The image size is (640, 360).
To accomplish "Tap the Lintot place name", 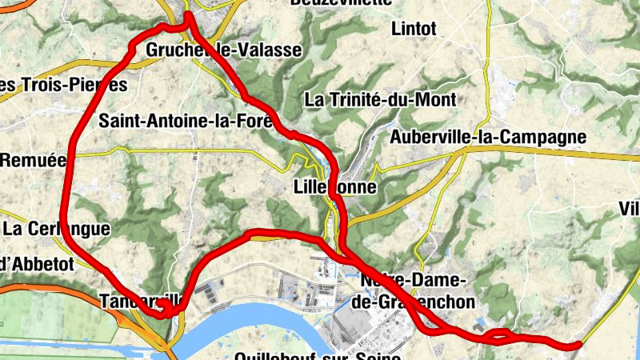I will tap(414, 30).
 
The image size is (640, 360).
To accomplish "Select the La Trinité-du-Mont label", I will tap(381, 100).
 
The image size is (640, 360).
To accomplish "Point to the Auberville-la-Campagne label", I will tap(488, 138).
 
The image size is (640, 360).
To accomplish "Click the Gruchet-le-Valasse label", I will tap(224, 50).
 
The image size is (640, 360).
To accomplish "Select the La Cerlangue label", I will tap(56, 229).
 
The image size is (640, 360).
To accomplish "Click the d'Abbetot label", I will tap(37, 262).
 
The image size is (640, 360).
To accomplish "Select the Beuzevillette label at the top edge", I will tap(352, 2).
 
